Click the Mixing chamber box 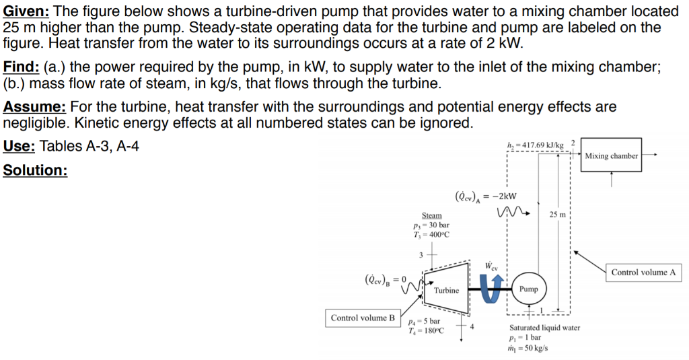click(x=611, y=156)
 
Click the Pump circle click(x=529, y=289)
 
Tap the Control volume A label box click(x=643, y=273)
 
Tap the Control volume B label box click(x=363, y=318)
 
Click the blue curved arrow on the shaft click(x=493, y=289)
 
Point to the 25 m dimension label click(x=558, y=215)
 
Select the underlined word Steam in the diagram click(x=432, y=215)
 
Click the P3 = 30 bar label click(x=432, y=225)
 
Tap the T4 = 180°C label click(x=426, y=331)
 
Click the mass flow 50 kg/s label click(x=528, y=348)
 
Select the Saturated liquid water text click(x=544, y=328)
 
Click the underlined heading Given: click(x=30, y=11)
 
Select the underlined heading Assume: click(x=34, y=107)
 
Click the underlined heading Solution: click(x=35, y=170)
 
